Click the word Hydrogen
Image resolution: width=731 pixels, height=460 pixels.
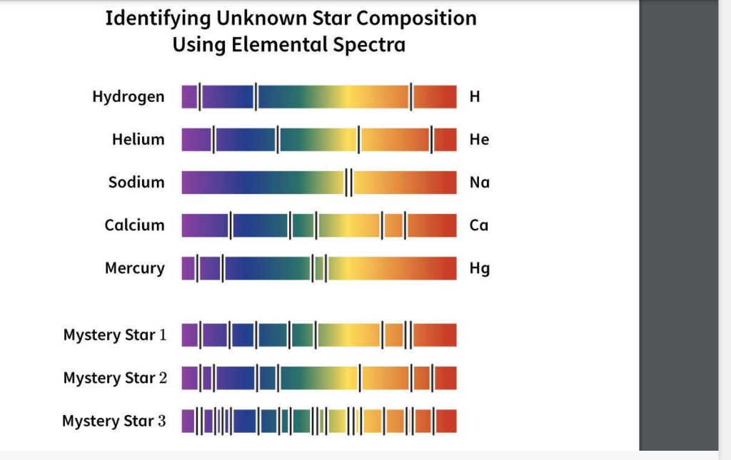point(128,97)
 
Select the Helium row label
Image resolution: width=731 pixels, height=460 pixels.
point(138,140)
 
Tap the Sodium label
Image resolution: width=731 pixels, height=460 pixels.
point(136,183)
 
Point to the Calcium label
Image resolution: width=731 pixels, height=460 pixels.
point(134,225)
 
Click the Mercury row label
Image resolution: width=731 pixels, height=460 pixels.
point(134,268)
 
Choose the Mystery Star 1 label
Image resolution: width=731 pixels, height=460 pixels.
point(115,335)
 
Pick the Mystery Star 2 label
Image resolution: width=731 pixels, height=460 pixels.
point(115,378)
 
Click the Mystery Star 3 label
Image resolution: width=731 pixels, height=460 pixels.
point(114,421)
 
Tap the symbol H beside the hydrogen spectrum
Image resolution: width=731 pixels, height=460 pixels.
point(475,97)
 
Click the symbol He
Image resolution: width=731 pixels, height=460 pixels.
point(479,140)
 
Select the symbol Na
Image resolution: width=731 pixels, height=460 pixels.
point(480,183)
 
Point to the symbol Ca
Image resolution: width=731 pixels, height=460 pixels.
point(479,225)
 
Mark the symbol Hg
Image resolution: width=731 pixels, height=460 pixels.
point(479,269)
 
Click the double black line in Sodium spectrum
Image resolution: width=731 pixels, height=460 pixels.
point(348,183)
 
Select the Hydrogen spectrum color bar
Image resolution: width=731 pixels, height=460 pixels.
point(318,97)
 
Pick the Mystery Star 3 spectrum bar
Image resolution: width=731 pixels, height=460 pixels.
point(318,421)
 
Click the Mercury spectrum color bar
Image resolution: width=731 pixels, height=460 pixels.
point(318,268)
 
